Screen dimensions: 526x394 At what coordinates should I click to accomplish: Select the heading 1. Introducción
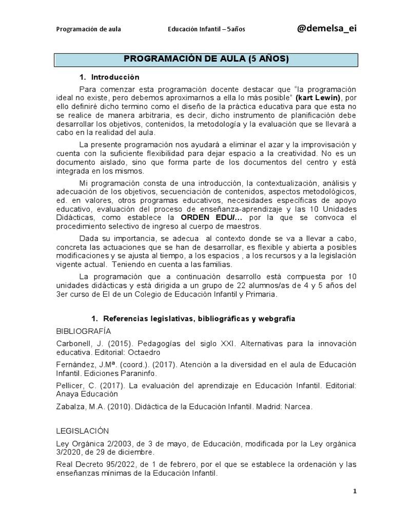[109, 77]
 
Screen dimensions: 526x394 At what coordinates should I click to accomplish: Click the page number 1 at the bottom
[354, 491]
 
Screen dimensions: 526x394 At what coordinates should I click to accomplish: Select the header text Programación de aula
[88, 29]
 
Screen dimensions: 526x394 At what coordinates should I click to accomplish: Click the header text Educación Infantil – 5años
[206, 29]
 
